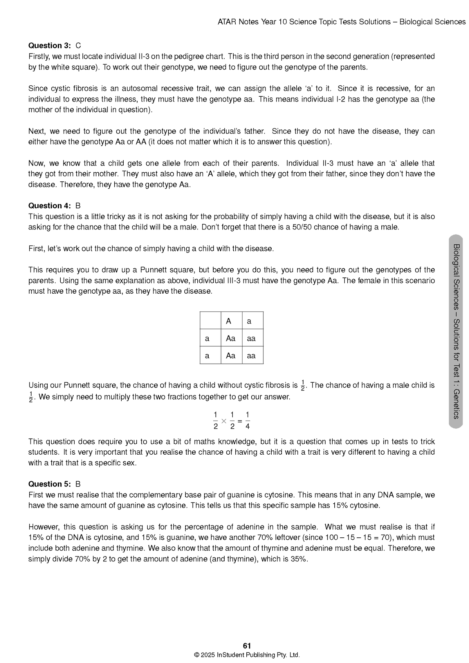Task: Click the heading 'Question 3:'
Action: point(49,45)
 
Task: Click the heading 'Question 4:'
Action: point(49,206)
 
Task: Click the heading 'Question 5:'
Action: point(49,484)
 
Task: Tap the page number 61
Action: point(247,646)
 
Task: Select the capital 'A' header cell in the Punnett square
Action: point(229,321)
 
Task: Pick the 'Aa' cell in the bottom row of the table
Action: point(231,356)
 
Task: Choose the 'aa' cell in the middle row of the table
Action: point(251,338)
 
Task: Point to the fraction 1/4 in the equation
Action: point(248,421)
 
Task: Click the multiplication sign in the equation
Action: point(224,421)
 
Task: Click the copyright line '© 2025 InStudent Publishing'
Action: point(247,655)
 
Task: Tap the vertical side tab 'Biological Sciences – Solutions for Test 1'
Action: point(456,331)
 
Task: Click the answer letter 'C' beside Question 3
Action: point(78,45)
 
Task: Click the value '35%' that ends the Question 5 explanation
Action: point(300,559)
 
